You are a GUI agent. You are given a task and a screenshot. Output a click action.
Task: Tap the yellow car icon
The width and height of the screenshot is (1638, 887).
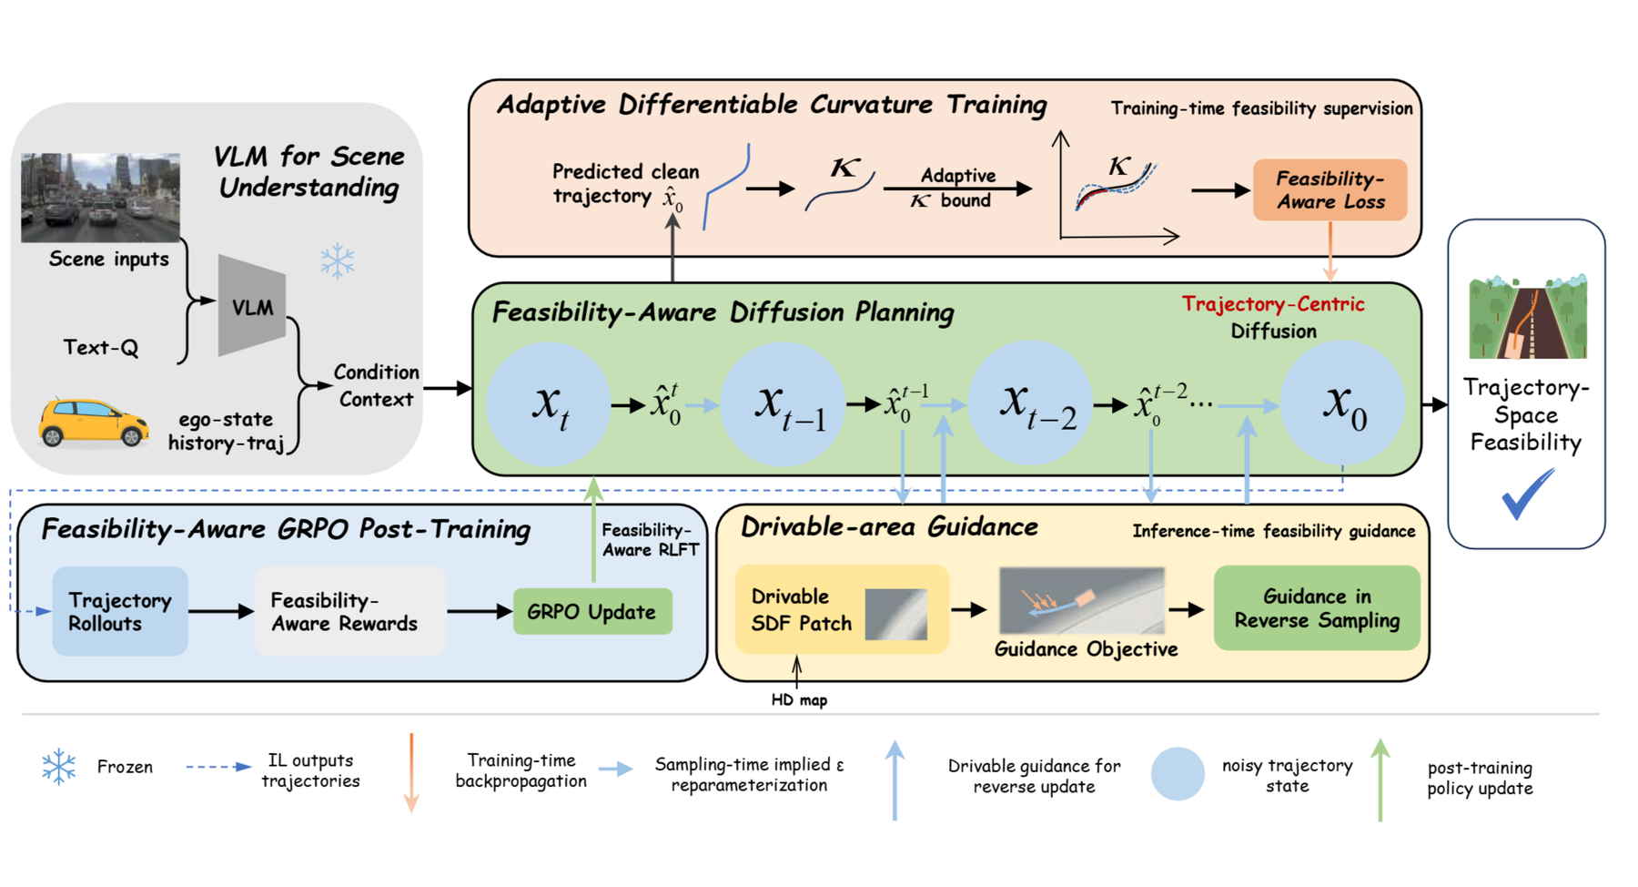94,423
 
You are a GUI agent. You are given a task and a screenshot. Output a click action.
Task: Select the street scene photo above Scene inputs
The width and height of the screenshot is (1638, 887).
100,198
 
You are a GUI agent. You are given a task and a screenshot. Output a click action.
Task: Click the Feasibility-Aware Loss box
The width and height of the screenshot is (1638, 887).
1330,190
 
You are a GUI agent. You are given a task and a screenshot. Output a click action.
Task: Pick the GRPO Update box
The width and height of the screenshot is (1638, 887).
591,612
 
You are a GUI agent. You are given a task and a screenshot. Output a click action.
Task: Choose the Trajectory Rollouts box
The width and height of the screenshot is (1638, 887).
119,612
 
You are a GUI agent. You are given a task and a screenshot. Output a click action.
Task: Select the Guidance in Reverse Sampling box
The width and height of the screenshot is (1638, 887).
1316,608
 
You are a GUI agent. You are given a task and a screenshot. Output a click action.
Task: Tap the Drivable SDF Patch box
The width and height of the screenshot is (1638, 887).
841,609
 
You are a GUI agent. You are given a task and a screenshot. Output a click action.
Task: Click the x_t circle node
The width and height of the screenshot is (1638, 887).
549,403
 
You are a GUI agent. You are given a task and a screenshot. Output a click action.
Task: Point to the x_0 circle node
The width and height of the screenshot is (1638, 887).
1342,403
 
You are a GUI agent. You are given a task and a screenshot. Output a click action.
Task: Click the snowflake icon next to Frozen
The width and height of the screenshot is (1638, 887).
59,767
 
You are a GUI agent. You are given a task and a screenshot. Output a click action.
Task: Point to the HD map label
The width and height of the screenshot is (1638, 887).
799,700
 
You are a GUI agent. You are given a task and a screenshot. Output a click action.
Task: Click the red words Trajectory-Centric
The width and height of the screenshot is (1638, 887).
1272,304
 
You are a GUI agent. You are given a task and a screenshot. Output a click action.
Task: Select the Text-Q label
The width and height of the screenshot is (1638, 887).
101,347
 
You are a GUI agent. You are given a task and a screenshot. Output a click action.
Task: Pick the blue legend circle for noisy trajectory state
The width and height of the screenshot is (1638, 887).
1178,774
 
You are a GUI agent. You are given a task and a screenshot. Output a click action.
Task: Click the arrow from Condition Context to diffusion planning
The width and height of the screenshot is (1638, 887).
448,388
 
